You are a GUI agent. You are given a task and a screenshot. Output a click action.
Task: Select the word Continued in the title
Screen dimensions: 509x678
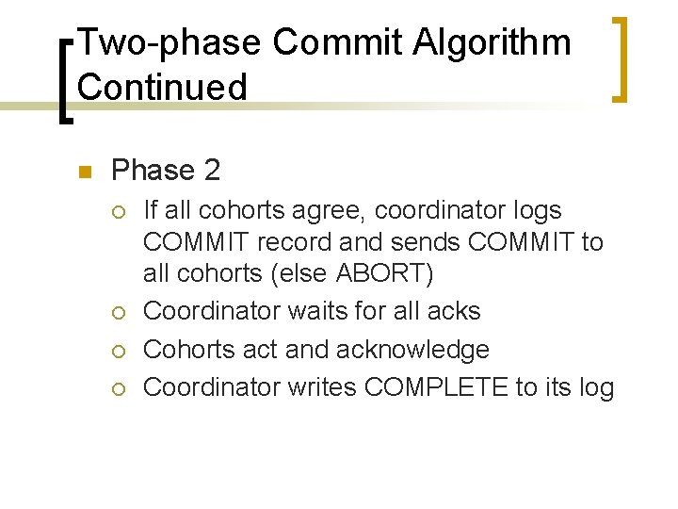(x=163, y=87)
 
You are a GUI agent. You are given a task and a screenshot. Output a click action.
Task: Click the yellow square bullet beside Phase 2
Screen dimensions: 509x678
(x=83, y=172)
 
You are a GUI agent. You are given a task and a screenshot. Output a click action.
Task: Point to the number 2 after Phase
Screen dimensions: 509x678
(x=212, y=171)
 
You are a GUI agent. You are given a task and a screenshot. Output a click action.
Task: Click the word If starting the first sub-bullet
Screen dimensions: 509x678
(x=150, y=210)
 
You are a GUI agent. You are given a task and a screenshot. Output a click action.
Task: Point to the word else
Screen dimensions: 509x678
(x=303, y=273)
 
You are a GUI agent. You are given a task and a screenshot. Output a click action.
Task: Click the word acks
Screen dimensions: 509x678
(x=455, y=311)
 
